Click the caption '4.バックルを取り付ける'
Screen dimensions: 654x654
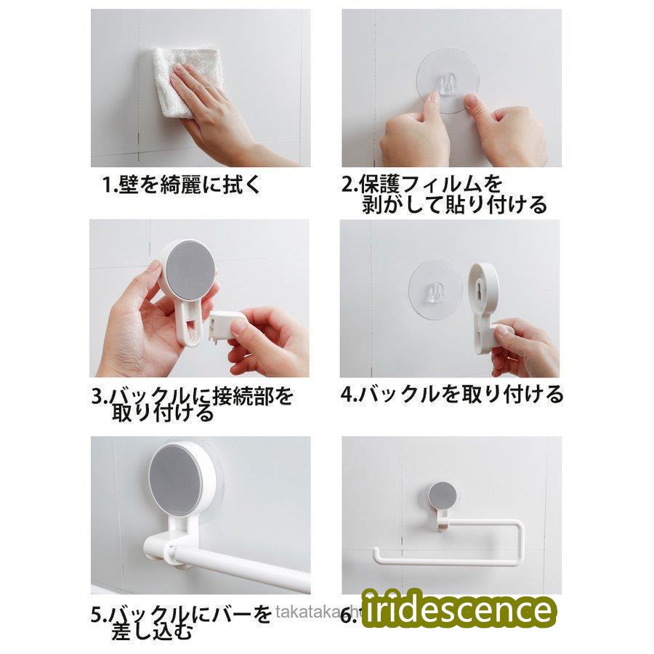point(452,395)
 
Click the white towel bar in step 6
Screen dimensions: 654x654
point(451,556)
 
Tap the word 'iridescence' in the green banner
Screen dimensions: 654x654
point(458,609)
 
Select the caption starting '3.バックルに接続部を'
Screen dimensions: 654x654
point(193,404)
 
